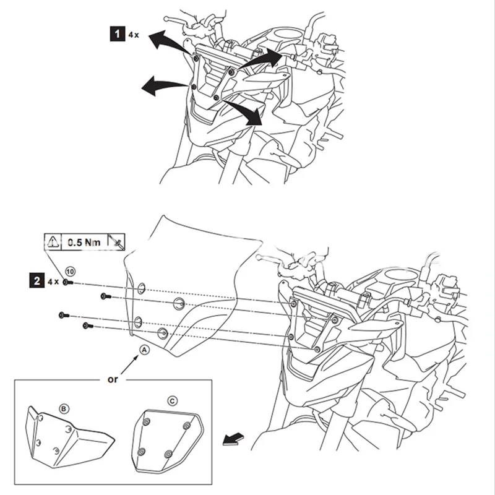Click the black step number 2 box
pos(38,281)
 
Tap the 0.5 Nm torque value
pos(84,243)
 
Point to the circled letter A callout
pos(145,350)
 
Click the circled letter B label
pos(63,408)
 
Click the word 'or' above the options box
pos(113,379)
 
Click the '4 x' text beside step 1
pos(134,36)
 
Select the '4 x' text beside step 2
pos(53,281)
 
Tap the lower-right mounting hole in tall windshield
pos(163,333)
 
